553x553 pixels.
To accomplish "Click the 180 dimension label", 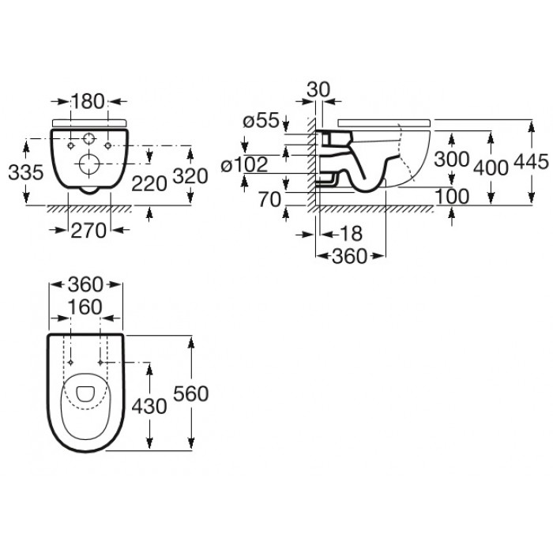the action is (x=88, y=101).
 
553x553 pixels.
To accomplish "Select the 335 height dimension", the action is (x=26, y=172).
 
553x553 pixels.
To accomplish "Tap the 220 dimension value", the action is (x=149, y=183).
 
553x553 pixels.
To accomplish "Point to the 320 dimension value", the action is (x=190, y=176).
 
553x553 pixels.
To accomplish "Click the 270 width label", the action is (x=88, y=231).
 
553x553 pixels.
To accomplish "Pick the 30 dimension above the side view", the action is (x=318, y=89).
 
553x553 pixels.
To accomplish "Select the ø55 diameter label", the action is (x=261, y=120).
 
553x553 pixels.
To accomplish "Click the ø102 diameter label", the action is (x=244, y=164).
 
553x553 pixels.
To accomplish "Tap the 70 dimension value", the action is (x=270, y=200).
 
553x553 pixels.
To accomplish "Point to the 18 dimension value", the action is (x=351, y=234).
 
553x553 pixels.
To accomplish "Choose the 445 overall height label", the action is (x=532, y=162).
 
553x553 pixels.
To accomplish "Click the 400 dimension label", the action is (x=491, y=167).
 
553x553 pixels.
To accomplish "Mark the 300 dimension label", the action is (x=451, y=159).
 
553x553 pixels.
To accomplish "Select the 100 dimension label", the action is (x=452, y=196).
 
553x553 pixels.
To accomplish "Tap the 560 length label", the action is (x=191, y=393).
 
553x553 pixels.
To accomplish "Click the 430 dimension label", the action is (x=149, y=406).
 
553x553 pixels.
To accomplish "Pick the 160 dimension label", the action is (x=85, y=307).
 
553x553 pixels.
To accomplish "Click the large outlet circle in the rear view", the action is (x=89, y=164).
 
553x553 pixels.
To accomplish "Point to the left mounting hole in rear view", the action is (x=71, y=145).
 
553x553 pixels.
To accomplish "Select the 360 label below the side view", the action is (x=350, y=256).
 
